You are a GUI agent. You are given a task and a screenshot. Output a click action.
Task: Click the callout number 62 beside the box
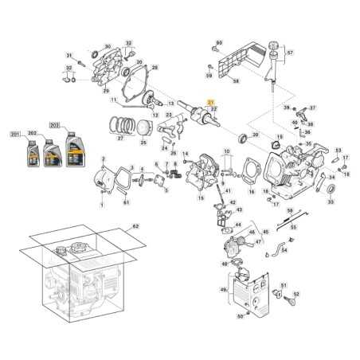pyautogui.click(x=135, y=228)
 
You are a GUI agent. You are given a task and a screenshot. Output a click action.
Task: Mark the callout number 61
pyautogui.click(x=126, y=203)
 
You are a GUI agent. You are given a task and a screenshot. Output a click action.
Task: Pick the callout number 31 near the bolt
pyautogui.click(x=69, y=55)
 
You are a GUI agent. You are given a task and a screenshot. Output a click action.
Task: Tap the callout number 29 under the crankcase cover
pyautogui.click(x=107, y=92)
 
